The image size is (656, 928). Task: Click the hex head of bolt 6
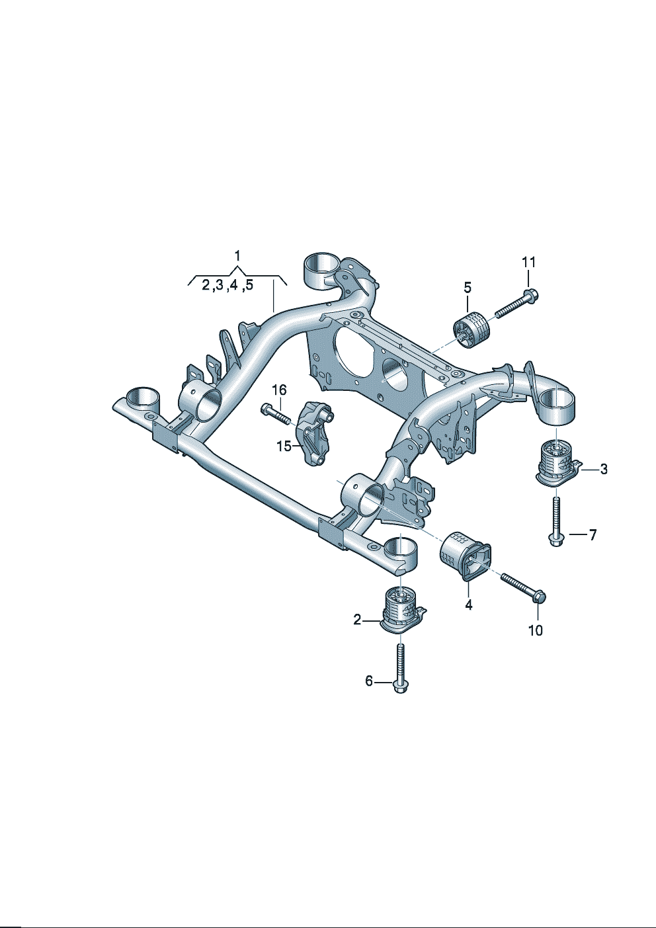(400, 688)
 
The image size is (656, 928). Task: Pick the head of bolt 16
(265, 409)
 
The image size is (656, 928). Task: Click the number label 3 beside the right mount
(604, 470)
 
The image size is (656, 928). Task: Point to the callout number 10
(536, 630)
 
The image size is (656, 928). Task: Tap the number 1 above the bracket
(237, 256)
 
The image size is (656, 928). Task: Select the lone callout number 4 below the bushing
(468, 605)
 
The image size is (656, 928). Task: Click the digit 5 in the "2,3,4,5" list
(249, 285)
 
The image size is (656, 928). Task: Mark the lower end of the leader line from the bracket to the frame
(273, 311)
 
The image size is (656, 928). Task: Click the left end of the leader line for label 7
(569, 535)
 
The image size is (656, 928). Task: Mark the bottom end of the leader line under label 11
(529, 287)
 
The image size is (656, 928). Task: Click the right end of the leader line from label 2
(380, 620)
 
